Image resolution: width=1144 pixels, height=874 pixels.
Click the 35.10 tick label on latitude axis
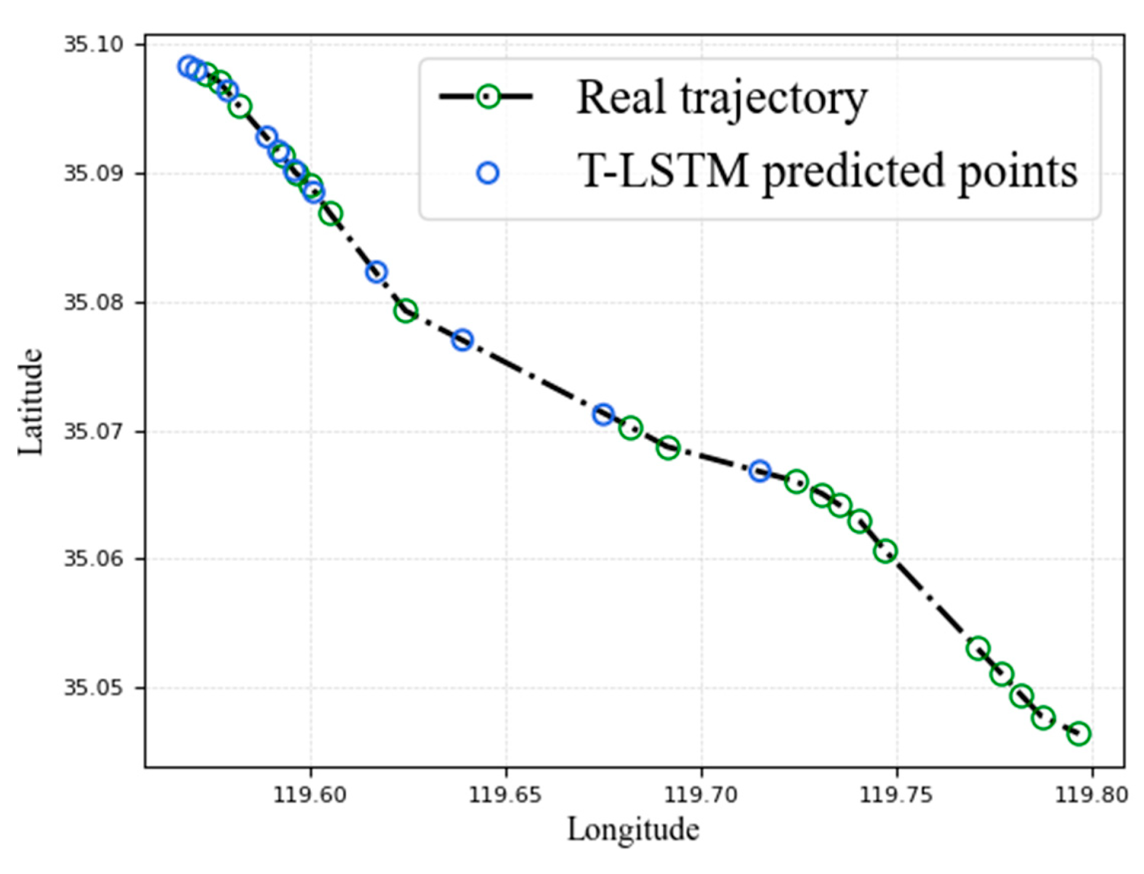(93, 44)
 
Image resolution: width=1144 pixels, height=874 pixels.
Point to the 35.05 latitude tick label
(93, 687)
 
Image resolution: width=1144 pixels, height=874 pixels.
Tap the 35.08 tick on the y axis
(93, 302)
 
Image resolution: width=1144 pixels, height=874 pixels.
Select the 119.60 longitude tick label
(310, 794)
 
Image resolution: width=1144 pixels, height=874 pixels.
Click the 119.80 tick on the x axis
(1091, 794)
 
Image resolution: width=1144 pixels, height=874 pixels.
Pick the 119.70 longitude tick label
(701, 794)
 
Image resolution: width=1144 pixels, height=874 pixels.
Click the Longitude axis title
(633, 830)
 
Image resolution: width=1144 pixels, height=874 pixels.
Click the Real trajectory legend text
(721, 98)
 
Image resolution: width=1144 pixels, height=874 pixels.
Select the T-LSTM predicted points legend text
(827, 172)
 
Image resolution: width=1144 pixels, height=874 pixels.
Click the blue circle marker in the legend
(487, 173)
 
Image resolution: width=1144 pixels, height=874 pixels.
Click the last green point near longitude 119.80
(1079, 734)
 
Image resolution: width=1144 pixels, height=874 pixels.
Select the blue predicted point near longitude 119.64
(462, 340)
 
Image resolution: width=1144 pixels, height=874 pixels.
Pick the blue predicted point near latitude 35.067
(760, 471)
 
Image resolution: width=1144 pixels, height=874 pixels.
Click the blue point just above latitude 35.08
(376, 272)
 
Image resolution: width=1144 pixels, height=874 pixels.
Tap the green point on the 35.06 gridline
(885, 551)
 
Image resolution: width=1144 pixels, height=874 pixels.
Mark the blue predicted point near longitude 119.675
(603, 414)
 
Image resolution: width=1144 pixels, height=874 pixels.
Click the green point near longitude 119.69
(668, 448)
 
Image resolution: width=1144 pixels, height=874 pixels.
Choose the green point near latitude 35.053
(978, 649)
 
